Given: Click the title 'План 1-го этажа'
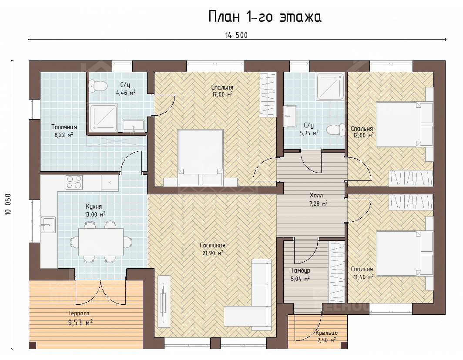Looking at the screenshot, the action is click(x=265, y=17).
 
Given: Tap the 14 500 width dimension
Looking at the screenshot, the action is click(x=236, y=35).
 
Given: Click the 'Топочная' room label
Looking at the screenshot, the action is click(x=64, y=127).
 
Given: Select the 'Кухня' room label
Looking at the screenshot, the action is click(x=94, y=206).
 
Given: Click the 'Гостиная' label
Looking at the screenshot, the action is click(x=213, y=245).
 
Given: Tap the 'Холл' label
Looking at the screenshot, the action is click(x=316, y=195).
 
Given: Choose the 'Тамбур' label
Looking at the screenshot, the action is click(x=300, y=270).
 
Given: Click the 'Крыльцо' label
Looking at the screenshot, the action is click(x=326, y=333).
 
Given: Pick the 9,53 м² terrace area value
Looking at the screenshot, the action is click(x=81, y=323).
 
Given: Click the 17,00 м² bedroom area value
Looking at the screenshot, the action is click(x=222, y=94).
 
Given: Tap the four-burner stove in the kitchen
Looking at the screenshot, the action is click(x=74, y=182).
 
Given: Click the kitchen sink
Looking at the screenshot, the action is click(x=48, y=224).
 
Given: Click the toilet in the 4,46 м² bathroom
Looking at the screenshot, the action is click(x=98, y=86).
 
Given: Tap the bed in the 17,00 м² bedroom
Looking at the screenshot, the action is click(x=200, y=158).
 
